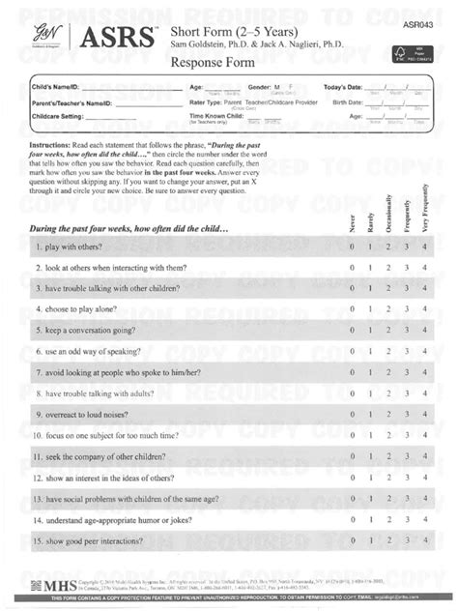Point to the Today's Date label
coord(345,87)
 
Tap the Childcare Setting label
coord(62,116)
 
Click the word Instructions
coord(56,142)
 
